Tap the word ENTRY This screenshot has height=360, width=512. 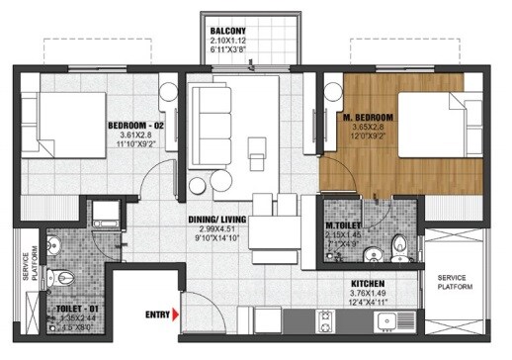point(156,315)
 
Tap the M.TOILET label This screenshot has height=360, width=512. point(347,225)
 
